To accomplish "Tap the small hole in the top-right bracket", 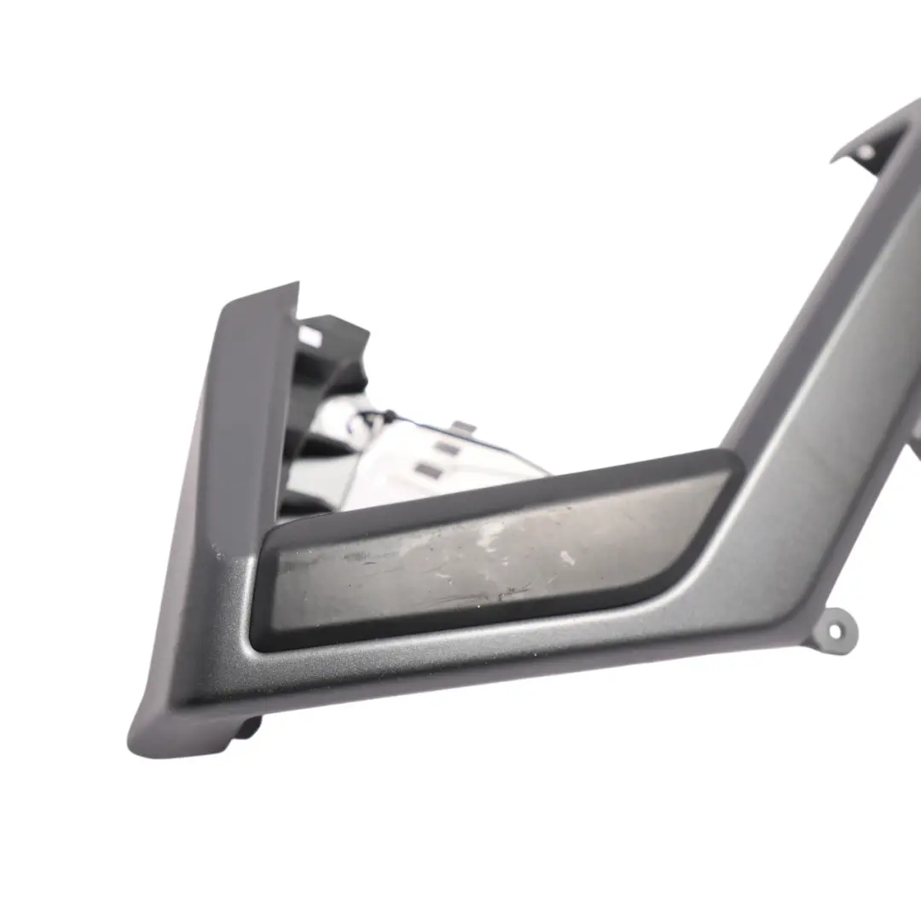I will coord(866,153).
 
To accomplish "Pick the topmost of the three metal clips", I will coord(461,428).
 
